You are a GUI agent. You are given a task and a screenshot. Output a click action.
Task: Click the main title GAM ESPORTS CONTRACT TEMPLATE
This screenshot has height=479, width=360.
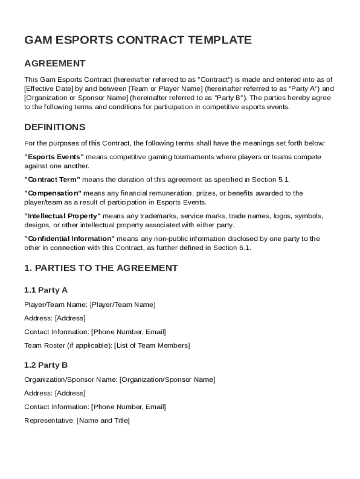138,40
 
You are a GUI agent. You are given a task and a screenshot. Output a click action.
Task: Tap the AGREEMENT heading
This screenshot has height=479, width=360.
55,64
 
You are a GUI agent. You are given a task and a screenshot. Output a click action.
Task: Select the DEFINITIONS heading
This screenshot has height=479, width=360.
55,127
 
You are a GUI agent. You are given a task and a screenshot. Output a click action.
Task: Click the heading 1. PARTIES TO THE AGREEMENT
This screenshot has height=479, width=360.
101,268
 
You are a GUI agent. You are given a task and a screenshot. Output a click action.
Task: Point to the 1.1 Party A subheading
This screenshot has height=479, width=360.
46,290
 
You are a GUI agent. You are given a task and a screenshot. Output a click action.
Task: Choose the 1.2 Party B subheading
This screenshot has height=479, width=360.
46,365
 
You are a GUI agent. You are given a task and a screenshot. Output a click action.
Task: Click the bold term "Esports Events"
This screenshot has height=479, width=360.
54,157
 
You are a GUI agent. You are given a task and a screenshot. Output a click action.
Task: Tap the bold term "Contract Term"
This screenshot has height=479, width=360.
52,180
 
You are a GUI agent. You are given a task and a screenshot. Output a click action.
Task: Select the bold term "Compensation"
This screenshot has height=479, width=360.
53,193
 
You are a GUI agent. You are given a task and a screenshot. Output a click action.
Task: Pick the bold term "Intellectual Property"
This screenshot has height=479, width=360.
63,216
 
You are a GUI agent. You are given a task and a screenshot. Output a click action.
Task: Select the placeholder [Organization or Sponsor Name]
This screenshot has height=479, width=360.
76,98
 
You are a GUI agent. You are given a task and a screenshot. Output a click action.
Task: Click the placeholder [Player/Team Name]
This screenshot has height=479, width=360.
122,305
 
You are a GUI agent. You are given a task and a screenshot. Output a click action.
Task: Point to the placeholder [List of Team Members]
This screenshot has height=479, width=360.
152,346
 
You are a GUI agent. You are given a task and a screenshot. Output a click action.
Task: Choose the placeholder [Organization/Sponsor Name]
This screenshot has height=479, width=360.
167,379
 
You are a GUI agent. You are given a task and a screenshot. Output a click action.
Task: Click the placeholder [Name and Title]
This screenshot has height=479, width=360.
103,421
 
